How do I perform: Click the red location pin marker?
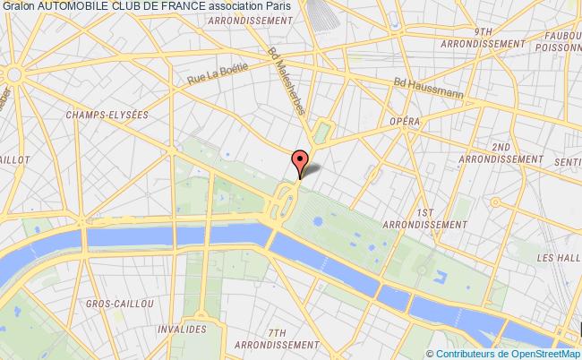300,162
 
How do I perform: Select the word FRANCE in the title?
182,6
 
